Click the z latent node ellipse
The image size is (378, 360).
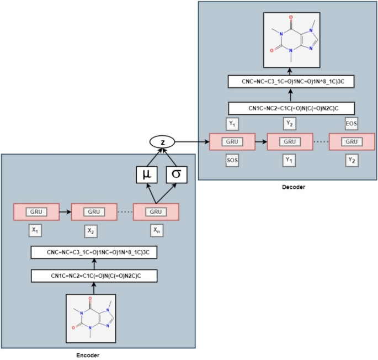point(161,142)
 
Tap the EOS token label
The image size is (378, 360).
point(351,123)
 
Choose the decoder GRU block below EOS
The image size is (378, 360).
point(352,141)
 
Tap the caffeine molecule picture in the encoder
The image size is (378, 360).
point(93,317)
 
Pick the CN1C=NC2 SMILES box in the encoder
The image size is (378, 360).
point(93,275)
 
